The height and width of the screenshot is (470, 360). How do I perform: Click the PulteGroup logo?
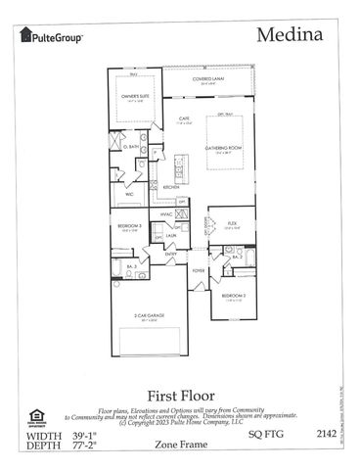pos(50,35)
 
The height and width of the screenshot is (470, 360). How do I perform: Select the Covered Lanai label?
pos(208,81)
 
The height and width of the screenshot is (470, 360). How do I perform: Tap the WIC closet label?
pos(130,194)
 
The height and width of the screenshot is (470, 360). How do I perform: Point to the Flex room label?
pos(232,224)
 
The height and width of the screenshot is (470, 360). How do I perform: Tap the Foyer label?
pos(199,271)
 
